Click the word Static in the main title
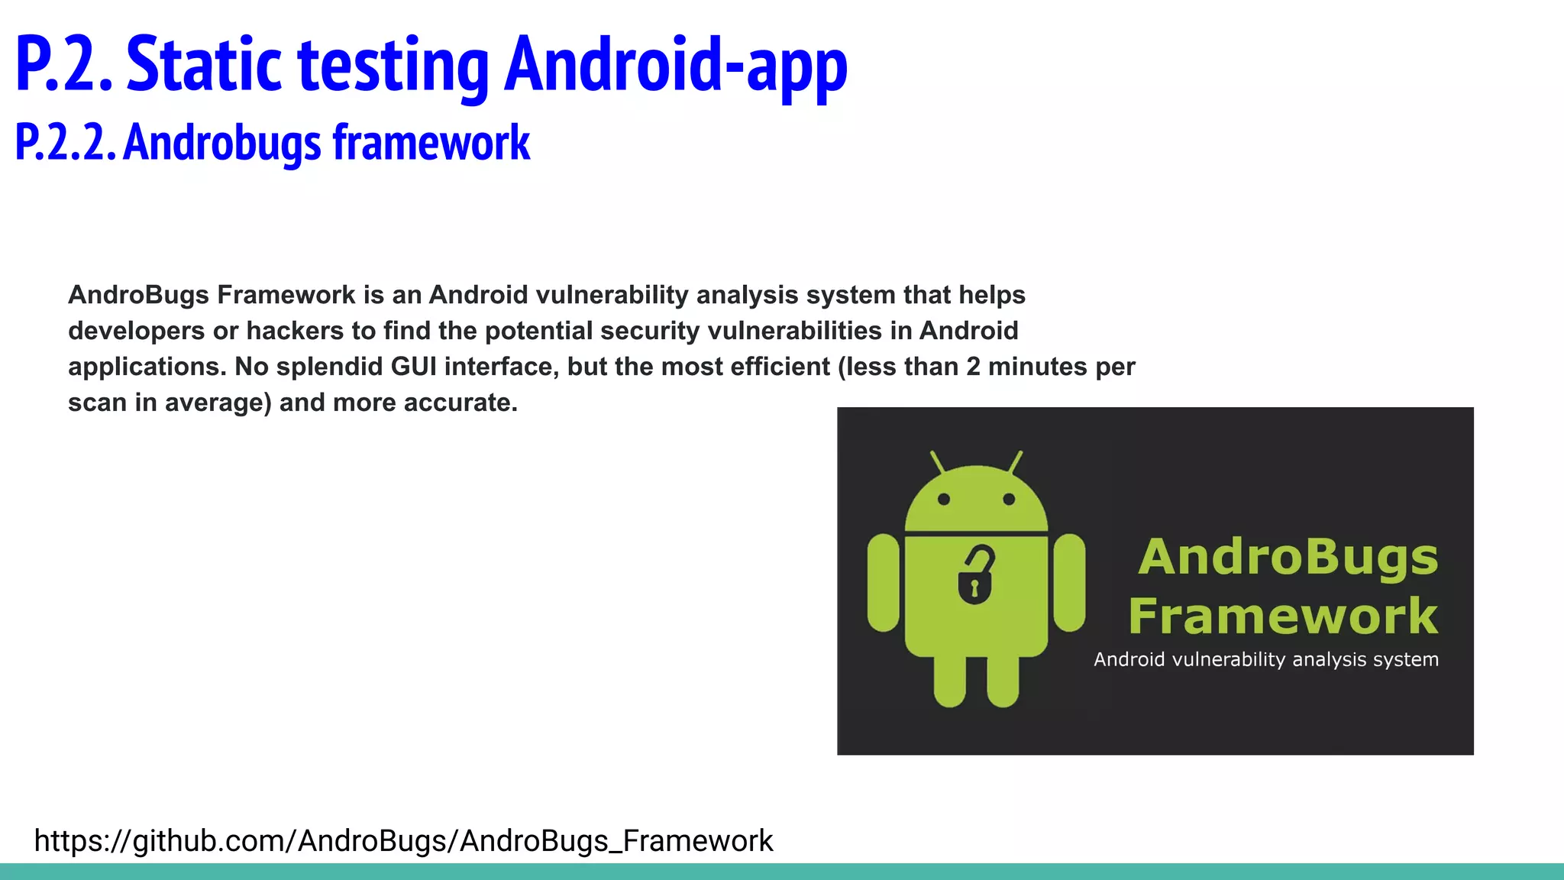[204, 65]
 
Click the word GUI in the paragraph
[413, 367]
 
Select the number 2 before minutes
[972, 367]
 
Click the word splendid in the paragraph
[330, 367]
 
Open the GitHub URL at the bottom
[403, 840]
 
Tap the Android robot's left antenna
[938, 462]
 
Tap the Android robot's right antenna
[1015, 462]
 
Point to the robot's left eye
[944, 499]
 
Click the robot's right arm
[1069, 582]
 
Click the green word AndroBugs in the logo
[1288, 558]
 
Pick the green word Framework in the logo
[1283, 616]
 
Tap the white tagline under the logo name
[1265, 659]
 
